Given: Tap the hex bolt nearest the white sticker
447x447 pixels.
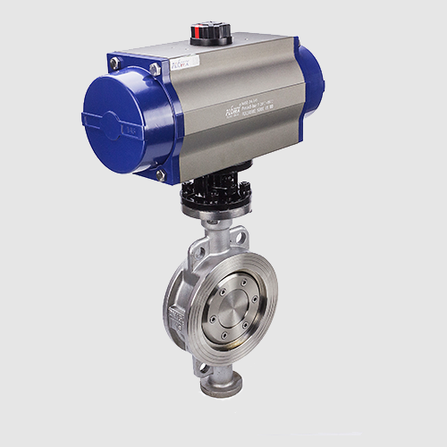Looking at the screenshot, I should [x=156, y=68].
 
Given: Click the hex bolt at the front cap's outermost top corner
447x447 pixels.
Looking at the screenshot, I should [x=114, y=63].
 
